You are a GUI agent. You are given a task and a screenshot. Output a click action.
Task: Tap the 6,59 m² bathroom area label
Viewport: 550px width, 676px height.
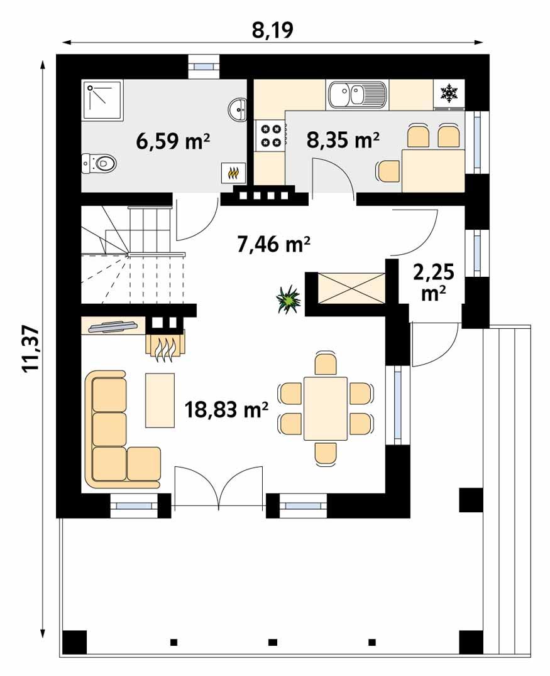point(173,141)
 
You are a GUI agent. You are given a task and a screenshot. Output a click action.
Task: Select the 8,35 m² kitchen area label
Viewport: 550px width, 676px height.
point(343,139)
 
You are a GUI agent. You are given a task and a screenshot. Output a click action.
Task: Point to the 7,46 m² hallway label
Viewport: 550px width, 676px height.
point(275,244)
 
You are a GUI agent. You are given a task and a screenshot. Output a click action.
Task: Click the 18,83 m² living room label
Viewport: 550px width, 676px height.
point(227,410)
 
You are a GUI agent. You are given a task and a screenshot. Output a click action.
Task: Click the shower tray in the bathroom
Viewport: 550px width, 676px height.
point(103,101)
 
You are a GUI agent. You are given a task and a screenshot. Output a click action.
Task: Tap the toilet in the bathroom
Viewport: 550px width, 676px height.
point(100,164)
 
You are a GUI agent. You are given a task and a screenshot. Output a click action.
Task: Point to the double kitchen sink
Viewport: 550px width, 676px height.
point(355,95)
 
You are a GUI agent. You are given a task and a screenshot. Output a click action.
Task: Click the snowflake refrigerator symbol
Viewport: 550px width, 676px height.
point(449,94)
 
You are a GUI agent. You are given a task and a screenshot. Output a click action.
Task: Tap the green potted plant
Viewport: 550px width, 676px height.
point(289,299)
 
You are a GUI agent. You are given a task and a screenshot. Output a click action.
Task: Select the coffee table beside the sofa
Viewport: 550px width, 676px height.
point(160,400)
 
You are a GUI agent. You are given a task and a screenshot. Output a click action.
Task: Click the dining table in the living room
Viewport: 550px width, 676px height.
point(325,409)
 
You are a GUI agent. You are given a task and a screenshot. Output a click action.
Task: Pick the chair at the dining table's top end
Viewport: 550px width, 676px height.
point(325,363)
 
